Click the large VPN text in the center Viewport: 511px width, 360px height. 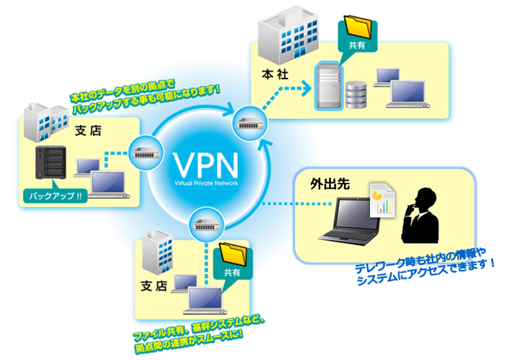pyautogui.click(x=203, y=163)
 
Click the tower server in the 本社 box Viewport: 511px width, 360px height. pyautogui.click(x=327, y=88)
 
